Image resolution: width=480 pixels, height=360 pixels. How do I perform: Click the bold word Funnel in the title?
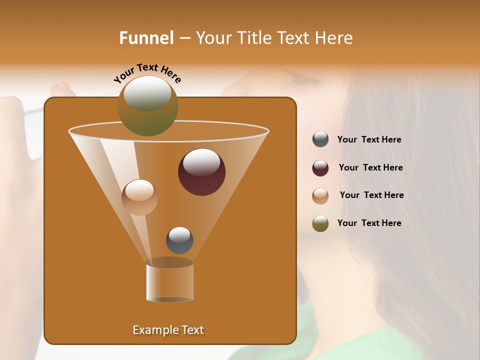click(146, 38)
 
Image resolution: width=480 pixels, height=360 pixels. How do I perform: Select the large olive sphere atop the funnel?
click(147, 105)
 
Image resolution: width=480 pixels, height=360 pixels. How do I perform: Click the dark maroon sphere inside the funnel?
click(201, 172)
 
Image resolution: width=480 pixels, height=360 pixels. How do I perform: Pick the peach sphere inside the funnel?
click(139, 197)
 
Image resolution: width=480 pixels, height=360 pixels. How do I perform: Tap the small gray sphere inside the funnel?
click(179, 240)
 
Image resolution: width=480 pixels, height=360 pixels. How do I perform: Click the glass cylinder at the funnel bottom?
click(169, 281)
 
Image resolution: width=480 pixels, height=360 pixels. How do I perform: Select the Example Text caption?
click(168, 330)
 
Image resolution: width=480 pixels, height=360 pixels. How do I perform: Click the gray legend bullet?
click(320, 139)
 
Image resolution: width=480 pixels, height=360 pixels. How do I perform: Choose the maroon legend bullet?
click(320, 168)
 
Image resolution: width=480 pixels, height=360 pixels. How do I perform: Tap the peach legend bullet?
click(320, 196)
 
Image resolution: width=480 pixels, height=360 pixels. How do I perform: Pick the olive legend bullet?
click(320, 223)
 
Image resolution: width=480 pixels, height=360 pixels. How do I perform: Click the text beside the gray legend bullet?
click(369, 140)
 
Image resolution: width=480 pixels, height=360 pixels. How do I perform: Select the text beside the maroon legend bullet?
click(370, 168)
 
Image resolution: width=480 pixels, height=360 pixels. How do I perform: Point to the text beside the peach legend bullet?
click(371, 195)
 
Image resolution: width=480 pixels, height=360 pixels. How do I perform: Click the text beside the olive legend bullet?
click(369, 223)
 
